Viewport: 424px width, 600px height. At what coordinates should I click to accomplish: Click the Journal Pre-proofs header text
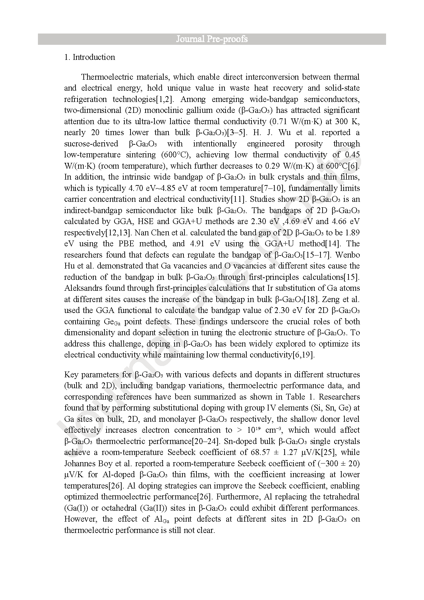(x=212, y=39)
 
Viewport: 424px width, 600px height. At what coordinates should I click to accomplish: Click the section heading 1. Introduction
(x=90, y=57)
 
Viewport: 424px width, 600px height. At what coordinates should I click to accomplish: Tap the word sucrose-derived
(x=91, y=144)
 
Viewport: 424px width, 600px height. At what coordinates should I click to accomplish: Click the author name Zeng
(x=331, y=299)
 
